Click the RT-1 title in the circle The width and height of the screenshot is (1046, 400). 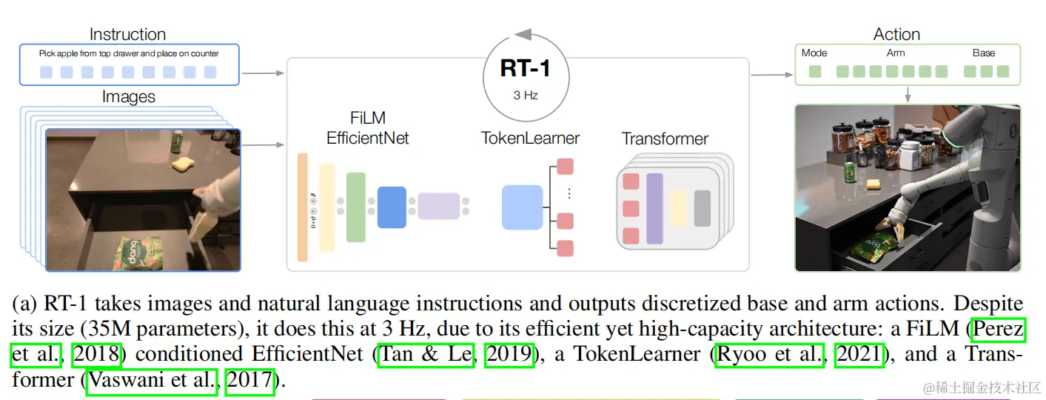525,68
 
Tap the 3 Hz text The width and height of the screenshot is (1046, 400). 525,95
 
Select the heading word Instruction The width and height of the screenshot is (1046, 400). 127,34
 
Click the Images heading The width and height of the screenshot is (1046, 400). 128,97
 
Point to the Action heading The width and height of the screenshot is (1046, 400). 896,34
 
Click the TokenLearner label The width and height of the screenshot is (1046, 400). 530,138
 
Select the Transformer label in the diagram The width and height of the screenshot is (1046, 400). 665,139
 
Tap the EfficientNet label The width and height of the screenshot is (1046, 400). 368,138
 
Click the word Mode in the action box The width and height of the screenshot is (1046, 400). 814,53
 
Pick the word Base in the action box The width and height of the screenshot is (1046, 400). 984,53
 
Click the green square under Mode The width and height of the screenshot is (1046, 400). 815,72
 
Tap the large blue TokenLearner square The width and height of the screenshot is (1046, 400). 523,207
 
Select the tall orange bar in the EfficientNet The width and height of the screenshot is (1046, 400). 302,207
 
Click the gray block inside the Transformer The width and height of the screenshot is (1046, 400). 702,208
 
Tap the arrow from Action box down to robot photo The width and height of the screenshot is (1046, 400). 908,95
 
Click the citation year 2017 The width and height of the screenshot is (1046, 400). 250,381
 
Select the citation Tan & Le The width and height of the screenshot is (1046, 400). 426,355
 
